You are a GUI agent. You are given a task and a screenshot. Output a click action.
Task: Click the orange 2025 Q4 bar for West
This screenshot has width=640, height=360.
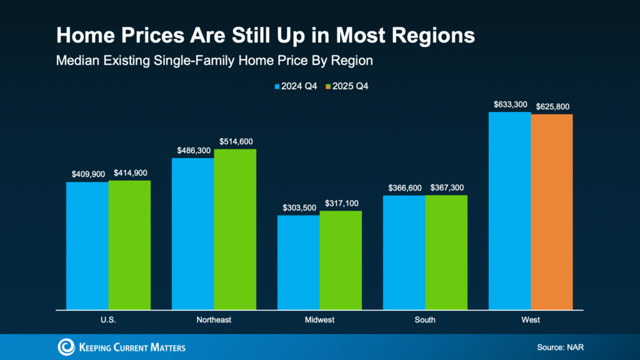point(551,212)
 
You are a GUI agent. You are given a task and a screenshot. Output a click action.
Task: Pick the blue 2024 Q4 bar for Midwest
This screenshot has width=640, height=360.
point(298,262)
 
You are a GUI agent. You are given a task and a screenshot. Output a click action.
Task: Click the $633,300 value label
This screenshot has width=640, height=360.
point(509,104)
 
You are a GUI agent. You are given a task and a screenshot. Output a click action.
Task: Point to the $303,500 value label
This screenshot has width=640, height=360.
point(298,207)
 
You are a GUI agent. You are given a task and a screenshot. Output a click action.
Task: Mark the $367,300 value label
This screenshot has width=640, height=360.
point(446,187)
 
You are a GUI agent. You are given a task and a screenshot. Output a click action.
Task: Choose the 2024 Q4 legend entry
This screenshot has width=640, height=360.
point(296,86)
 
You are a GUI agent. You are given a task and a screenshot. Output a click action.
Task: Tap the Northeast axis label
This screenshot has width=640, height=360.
point(214,320)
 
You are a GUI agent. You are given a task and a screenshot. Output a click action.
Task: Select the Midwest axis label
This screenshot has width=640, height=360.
point(319,320)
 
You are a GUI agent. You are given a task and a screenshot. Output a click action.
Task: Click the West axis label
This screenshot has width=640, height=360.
point(530,320)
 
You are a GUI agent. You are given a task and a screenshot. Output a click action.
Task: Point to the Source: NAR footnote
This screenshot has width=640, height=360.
point(561,347)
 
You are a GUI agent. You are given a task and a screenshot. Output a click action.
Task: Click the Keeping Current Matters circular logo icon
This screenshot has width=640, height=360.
point(66,347)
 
